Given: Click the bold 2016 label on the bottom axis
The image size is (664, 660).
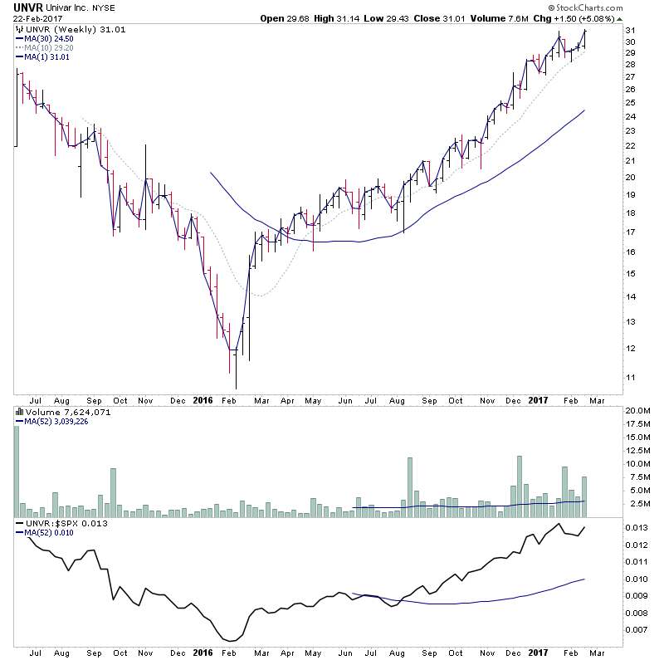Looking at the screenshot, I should pos(203,400).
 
